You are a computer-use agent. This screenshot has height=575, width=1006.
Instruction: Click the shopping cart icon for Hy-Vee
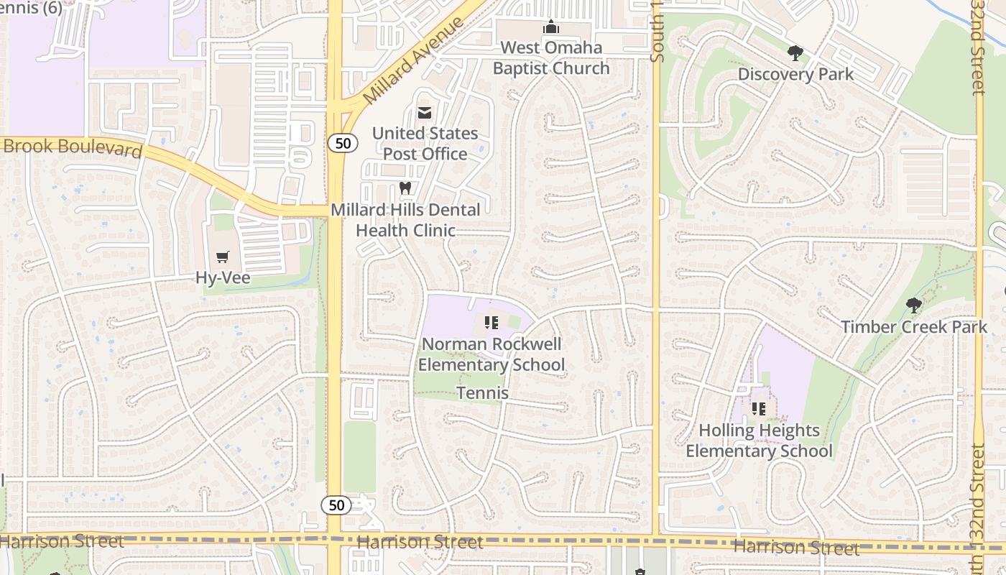[223, 257]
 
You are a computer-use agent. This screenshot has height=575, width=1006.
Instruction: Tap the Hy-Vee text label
[223, 278]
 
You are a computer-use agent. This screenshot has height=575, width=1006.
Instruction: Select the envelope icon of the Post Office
[425, 113]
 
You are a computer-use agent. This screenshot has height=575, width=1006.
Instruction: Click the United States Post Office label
[425, 144]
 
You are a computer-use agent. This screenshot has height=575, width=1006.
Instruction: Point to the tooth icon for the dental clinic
[405, 188]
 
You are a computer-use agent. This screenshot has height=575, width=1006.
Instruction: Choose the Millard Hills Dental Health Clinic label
[405, 220]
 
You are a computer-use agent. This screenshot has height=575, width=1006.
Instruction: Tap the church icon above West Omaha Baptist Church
[551, 27]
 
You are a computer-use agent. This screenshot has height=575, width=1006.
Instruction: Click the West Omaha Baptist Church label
[551, 58]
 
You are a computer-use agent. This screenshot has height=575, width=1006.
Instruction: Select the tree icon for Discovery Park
[795, 53]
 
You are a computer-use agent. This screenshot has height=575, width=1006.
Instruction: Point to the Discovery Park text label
[795, 74]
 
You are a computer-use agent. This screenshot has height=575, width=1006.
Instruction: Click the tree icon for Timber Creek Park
[913, 306]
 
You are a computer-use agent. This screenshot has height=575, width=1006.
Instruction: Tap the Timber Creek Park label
[914, 327]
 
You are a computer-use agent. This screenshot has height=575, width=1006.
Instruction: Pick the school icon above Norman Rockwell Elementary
[492, 323]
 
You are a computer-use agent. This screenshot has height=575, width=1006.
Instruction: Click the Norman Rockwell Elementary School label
[492, 354]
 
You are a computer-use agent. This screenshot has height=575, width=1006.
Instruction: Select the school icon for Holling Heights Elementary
[758, 409]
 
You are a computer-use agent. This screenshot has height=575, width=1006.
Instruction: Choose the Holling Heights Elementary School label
[759, 441]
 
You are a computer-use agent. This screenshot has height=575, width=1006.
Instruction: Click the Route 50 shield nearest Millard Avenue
[343, 143]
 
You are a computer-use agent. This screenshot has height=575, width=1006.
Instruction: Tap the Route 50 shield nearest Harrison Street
[336, 505]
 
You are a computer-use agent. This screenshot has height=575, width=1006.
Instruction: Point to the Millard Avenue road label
[413, 60]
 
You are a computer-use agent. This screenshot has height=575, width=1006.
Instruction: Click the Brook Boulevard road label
[72, 147]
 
